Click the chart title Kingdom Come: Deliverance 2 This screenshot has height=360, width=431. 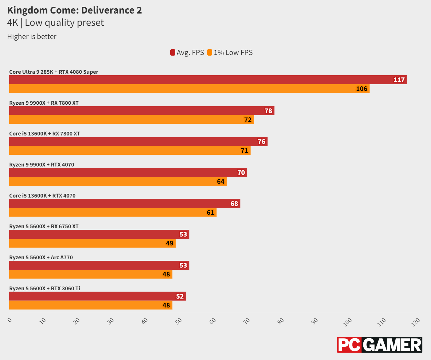click(74, 10)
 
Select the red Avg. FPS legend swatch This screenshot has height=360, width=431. click(173, 53)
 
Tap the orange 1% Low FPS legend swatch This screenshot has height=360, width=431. click(210, 53)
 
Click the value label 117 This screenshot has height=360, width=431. click(399, 80)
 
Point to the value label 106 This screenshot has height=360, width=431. click(362, 89)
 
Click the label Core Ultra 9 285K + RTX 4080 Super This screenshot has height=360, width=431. click(54, 72)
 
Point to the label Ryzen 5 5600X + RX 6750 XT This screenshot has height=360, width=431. click(44, 226)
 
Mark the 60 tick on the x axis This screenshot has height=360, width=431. click(213, 321)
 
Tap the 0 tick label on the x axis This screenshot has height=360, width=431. click(10, 320)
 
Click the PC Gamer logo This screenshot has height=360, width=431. click(379, 345)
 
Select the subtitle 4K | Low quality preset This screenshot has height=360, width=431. click(55, 23)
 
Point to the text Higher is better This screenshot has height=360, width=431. click(32, 37)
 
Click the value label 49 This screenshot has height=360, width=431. click(170, 243)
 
